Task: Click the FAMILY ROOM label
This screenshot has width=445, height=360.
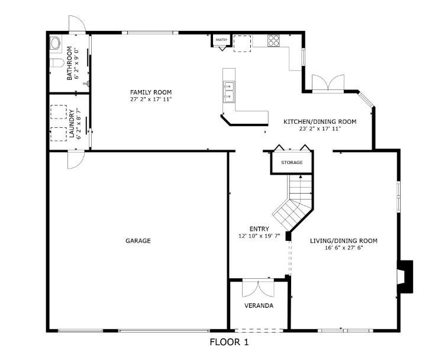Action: click(151, 92)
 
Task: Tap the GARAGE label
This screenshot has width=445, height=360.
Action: click(138, 241)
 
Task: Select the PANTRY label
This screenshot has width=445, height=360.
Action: click(221, 40)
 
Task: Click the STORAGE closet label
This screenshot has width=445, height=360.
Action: click(292, 162)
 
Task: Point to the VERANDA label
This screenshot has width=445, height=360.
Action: click(259, 306)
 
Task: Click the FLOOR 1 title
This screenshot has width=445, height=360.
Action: click(229, 342)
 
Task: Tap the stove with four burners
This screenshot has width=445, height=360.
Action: click(273, 40)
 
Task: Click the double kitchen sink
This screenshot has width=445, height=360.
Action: click(229, 92)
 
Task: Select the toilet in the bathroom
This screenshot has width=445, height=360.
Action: click(57, 63)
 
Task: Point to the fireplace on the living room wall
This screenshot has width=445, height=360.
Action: click(405, 277)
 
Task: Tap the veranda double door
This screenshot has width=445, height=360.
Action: click(258, 288)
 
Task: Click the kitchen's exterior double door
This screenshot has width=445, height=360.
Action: click(328, 83)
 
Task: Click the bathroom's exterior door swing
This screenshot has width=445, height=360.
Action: click(77, 24)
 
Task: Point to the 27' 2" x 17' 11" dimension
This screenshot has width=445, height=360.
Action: click(151, 99)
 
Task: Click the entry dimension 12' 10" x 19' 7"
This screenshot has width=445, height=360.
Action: click(259, 236)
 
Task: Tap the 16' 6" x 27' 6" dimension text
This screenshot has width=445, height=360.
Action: click(344, 248)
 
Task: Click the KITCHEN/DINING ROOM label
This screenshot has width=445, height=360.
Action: click(320, 122)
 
